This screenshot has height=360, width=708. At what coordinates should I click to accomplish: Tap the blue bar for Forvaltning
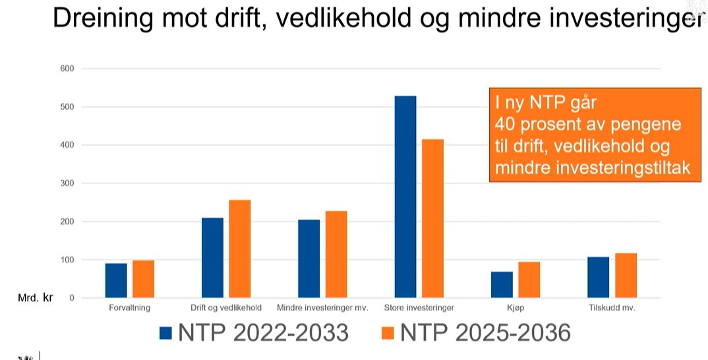[x=116, y=280]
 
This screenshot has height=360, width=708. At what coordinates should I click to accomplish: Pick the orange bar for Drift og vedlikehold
[x=240, y=249]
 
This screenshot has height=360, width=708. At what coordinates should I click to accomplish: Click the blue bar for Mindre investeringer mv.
[x=309, y=258]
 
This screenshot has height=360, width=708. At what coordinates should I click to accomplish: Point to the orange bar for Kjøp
[x=529, y=280]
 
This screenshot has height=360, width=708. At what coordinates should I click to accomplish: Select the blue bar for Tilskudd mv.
[x=598, y=277]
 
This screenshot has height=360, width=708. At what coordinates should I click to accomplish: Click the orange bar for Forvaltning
[x=143, y=279]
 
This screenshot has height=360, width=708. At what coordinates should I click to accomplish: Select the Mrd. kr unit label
[x=35, y=298]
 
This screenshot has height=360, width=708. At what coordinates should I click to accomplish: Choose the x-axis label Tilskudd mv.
[x=612, y=308]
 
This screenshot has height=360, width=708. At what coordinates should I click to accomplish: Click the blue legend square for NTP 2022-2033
[x=165, y=333]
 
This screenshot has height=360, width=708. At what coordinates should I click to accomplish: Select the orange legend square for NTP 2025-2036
[x=388, y=333]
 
